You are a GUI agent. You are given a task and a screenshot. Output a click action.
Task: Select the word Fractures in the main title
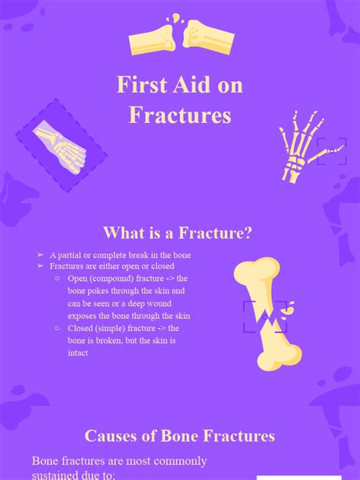click(x=179, y=115)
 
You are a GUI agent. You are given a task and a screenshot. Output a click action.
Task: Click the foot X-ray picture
click(x=61, y=144)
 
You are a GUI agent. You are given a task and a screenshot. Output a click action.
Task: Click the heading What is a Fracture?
click(x=178, y=233)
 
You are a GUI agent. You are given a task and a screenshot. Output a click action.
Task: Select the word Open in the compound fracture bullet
click(x=78, y=279)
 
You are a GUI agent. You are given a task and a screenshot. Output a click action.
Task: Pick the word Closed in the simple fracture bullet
click(x=81, y=328)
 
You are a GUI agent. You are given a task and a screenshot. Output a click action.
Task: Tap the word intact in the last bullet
click(x=77, y=352)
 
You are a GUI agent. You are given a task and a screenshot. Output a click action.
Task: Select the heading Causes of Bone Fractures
click(x=179, y=436)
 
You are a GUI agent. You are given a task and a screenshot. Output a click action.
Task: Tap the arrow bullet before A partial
click(x=40, y=255)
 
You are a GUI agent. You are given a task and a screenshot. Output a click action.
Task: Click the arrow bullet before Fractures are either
click(x=40, y=267)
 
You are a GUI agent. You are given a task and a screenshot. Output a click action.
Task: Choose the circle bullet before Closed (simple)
click(x=59, y=328)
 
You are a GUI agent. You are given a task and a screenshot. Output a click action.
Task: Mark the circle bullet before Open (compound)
click(x=59, y=279)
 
